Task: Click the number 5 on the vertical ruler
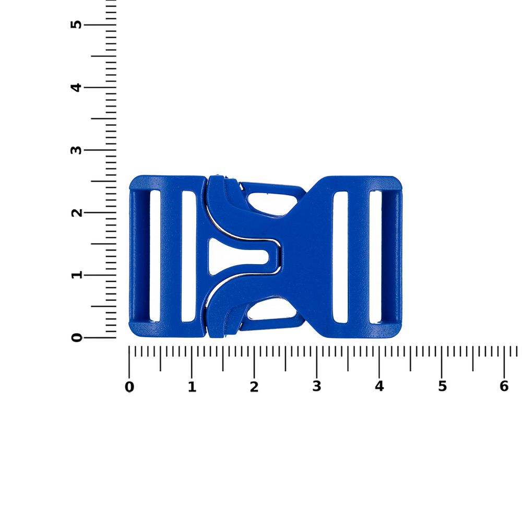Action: click(x=76, y=25)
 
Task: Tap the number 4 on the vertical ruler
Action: click(x=76, y=88)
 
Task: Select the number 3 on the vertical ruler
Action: click(x=76, y=150)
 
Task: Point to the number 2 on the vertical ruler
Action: click(x=76, y=212)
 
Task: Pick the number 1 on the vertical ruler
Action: click(x=76, y=275)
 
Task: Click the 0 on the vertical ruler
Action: click(x=76, y=338)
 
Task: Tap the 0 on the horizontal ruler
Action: click(x=129, y=387)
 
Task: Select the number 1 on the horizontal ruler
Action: click(x=192, y=387)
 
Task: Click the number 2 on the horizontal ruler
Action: click(x=254, y=387)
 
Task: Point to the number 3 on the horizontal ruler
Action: click(x=317, y=386)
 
